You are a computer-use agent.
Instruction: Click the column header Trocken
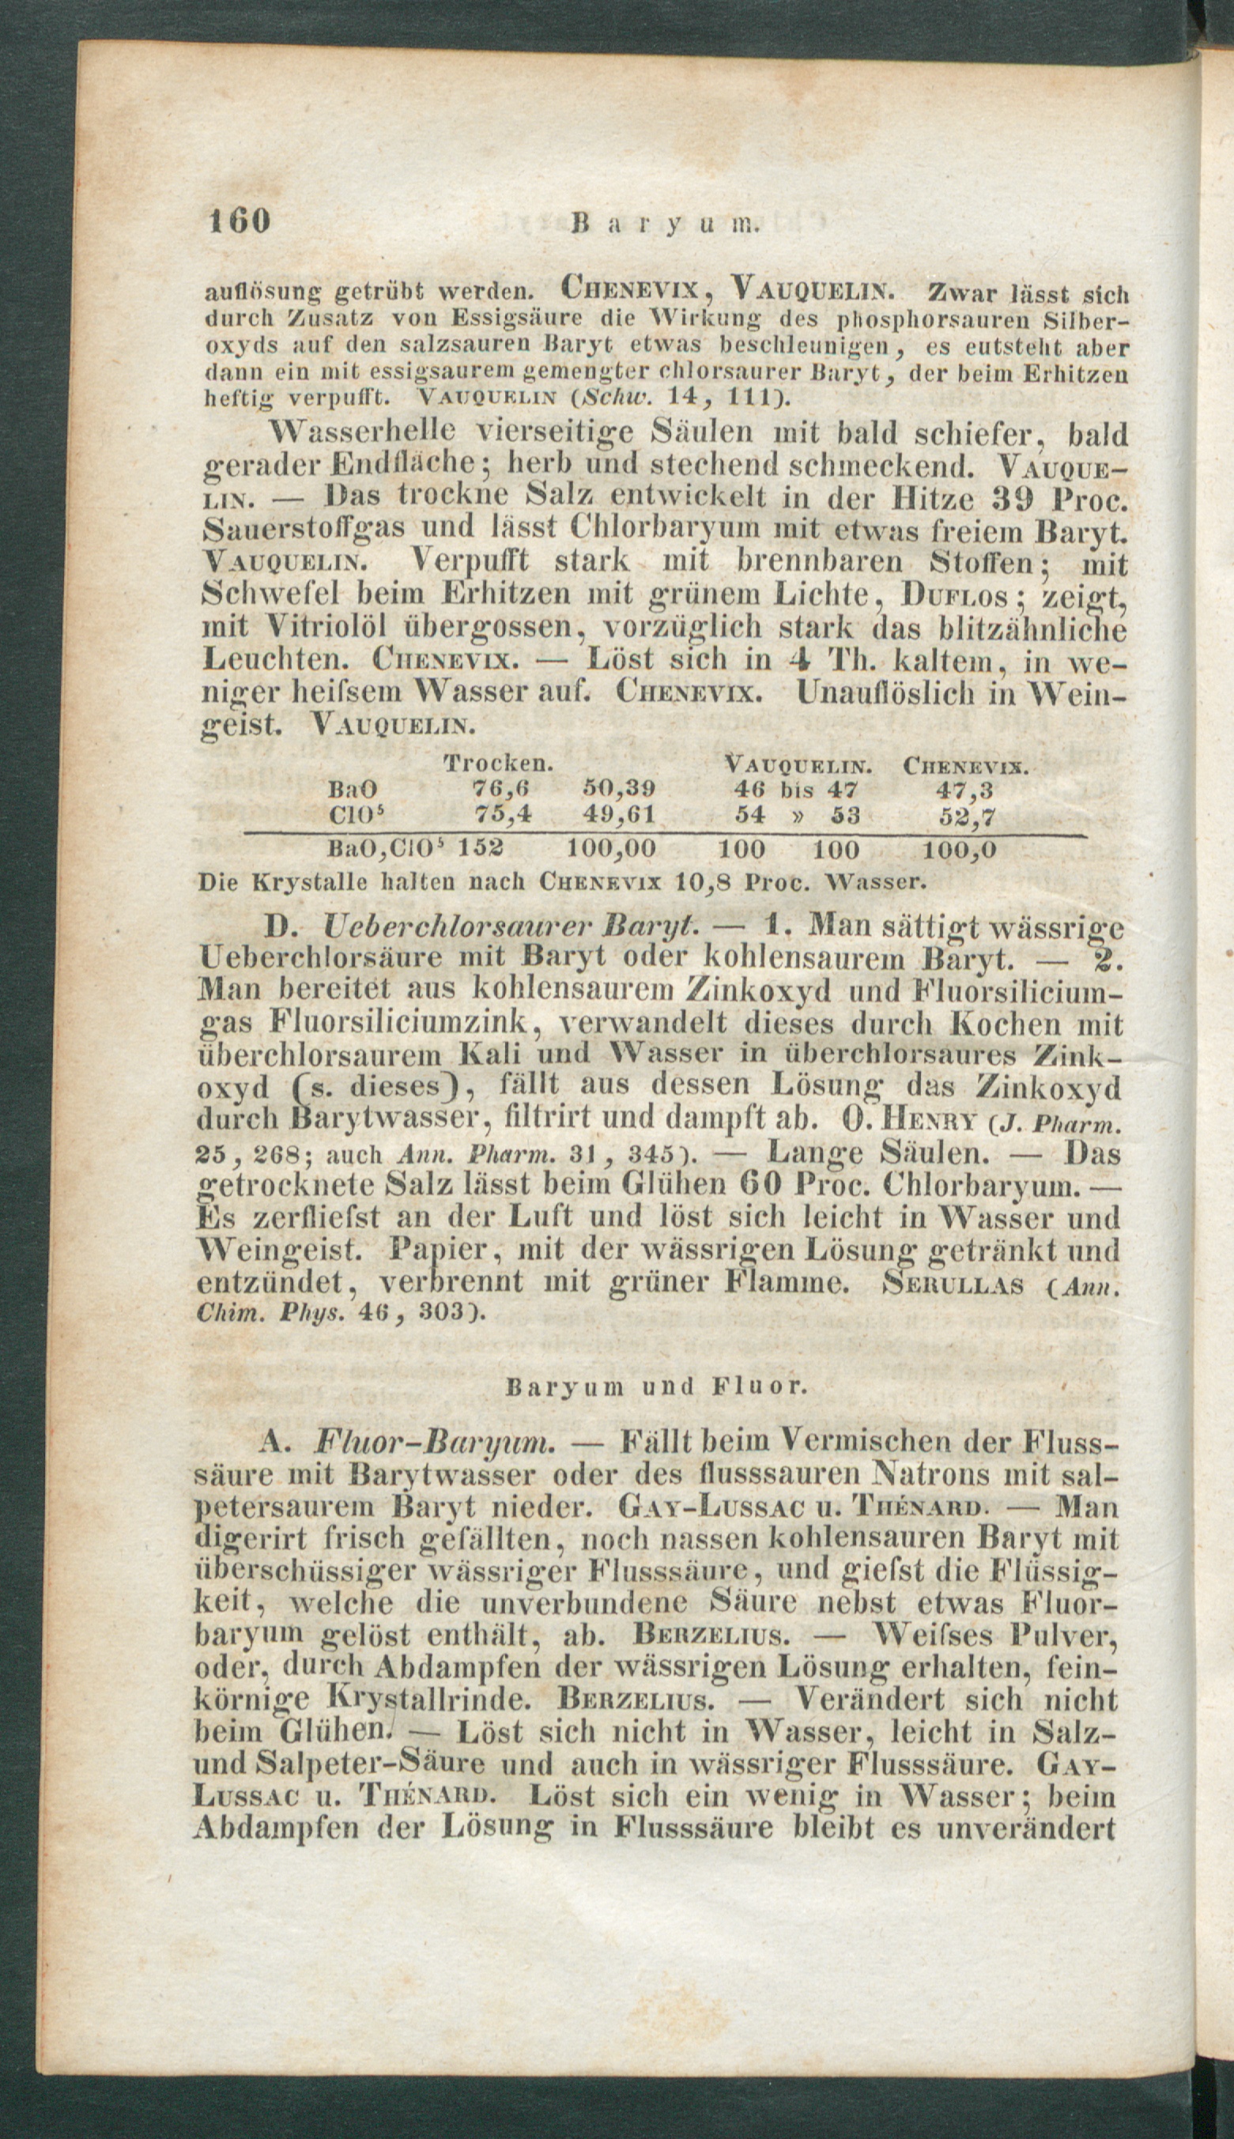point(499,763)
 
